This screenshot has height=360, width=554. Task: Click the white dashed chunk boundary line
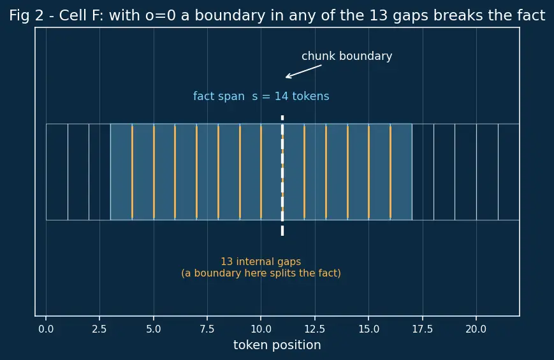282,176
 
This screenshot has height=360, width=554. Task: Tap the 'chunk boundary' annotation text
347,56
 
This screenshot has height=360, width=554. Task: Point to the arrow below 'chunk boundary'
303,71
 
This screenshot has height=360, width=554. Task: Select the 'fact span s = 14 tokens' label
261,96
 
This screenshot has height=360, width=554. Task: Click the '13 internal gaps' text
261,261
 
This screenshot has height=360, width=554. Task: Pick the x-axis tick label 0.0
46,329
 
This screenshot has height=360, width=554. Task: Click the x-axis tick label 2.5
99,329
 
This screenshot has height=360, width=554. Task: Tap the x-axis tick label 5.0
154,329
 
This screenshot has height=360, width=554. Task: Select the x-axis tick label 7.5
207,329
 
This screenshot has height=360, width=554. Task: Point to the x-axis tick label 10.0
261,329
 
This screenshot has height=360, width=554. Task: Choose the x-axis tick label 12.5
315,329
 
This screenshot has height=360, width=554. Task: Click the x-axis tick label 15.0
368,329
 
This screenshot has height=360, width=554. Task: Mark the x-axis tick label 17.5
422,329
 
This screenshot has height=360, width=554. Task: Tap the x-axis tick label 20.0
476,329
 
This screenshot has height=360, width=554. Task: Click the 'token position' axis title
277,345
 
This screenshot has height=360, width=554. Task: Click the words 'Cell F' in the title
81,15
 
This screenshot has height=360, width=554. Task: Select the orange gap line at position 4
132,172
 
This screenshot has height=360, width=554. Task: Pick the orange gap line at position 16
390,172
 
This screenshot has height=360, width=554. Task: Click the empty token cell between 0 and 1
57,172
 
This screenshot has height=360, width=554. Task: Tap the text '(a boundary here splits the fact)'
261,273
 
